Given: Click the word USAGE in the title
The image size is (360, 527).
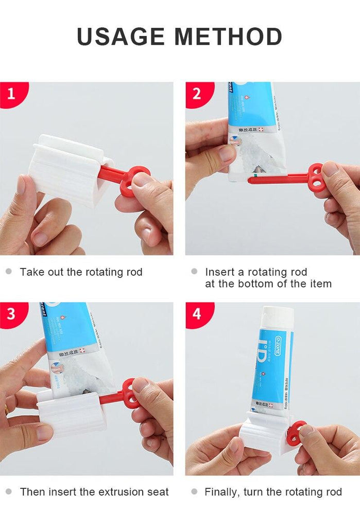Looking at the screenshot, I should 121,37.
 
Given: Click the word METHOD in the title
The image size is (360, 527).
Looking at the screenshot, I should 228,37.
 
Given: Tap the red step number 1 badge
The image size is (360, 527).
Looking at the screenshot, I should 11,94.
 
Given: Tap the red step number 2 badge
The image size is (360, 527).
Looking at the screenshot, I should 197,94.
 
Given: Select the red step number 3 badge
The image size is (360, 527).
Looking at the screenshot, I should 11,313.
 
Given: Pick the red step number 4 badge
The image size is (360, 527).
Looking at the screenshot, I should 197,313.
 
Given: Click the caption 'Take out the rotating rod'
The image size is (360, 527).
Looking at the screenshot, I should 81,272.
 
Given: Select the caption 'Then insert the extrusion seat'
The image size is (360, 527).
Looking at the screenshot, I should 94,492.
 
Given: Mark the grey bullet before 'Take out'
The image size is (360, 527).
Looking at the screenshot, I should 8,271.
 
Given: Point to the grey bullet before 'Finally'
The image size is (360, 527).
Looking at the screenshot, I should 194,491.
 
